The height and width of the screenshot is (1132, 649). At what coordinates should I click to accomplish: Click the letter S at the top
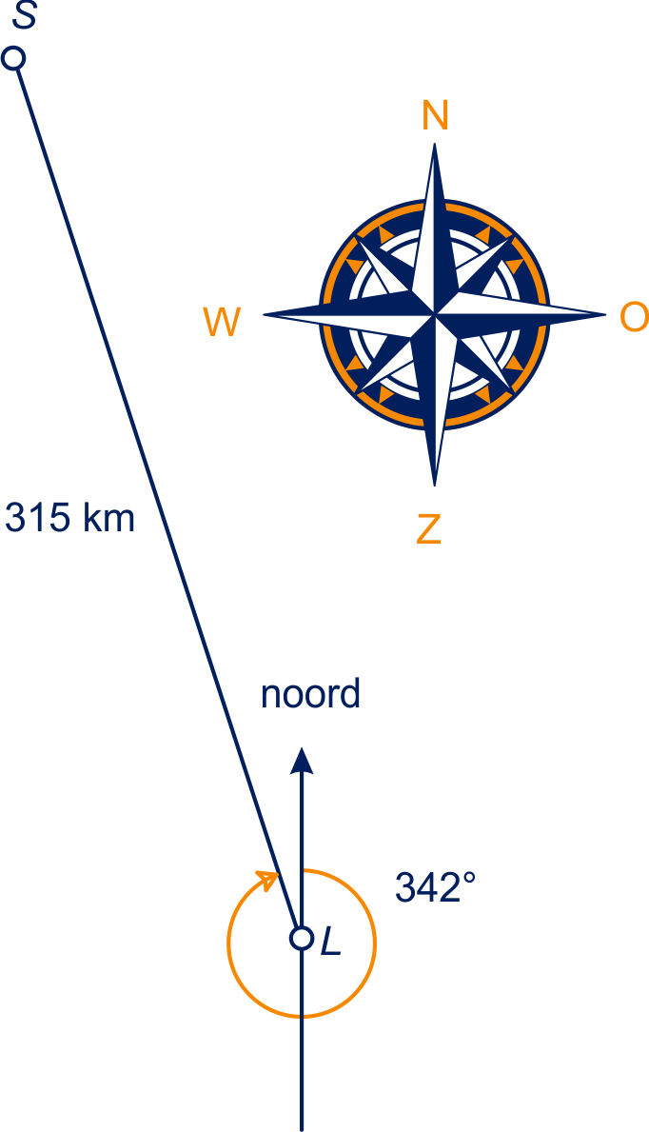click(25, 15)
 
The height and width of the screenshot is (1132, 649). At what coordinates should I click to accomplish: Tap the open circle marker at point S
click(13, 58)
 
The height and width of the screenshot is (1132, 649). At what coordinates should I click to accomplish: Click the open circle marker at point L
click(302, 939)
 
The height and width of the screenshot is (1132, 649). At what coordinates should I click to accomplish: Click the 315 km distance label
click(70, 518)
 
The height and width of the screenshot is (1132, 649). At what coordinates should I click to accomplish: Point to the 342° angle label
click(435, 887)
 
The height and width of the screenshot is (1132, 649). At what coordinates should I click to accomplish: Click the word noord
click(310, 694)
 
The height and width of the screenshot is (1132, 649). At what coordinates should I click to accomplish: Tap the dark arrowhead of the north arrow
click(302, 761)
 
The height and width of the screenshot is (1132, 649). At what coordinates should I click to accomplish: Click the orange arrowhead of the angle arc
click(268, 880)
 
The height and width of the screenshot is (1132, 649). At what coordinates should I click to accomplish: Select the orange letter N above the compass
click(435, 115)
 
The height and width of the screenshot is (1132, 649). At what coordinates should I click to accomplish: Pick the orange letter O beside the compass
click(634, 317)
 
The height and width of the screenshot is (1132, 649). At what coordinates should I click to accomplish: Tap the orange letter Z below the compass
click(429, 529)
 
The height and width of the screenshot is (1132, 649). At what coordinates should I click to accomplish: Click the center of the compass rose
click(435, 315)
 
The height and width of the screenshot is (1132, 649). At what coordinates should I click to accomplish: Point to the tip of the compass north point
click(434, 144)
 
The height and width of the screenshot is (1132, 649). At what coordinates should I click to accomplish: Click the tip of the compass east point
click(605, 315)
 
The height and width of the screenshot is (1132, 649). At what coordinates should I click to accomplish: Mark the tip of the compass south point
click(435, 486)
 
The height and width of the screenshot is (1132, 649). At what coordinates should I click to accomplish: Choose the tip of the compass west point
click(264, 315)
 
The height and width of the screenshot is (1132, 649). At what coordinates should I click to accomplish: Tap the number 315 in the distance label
click(38, 518)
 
